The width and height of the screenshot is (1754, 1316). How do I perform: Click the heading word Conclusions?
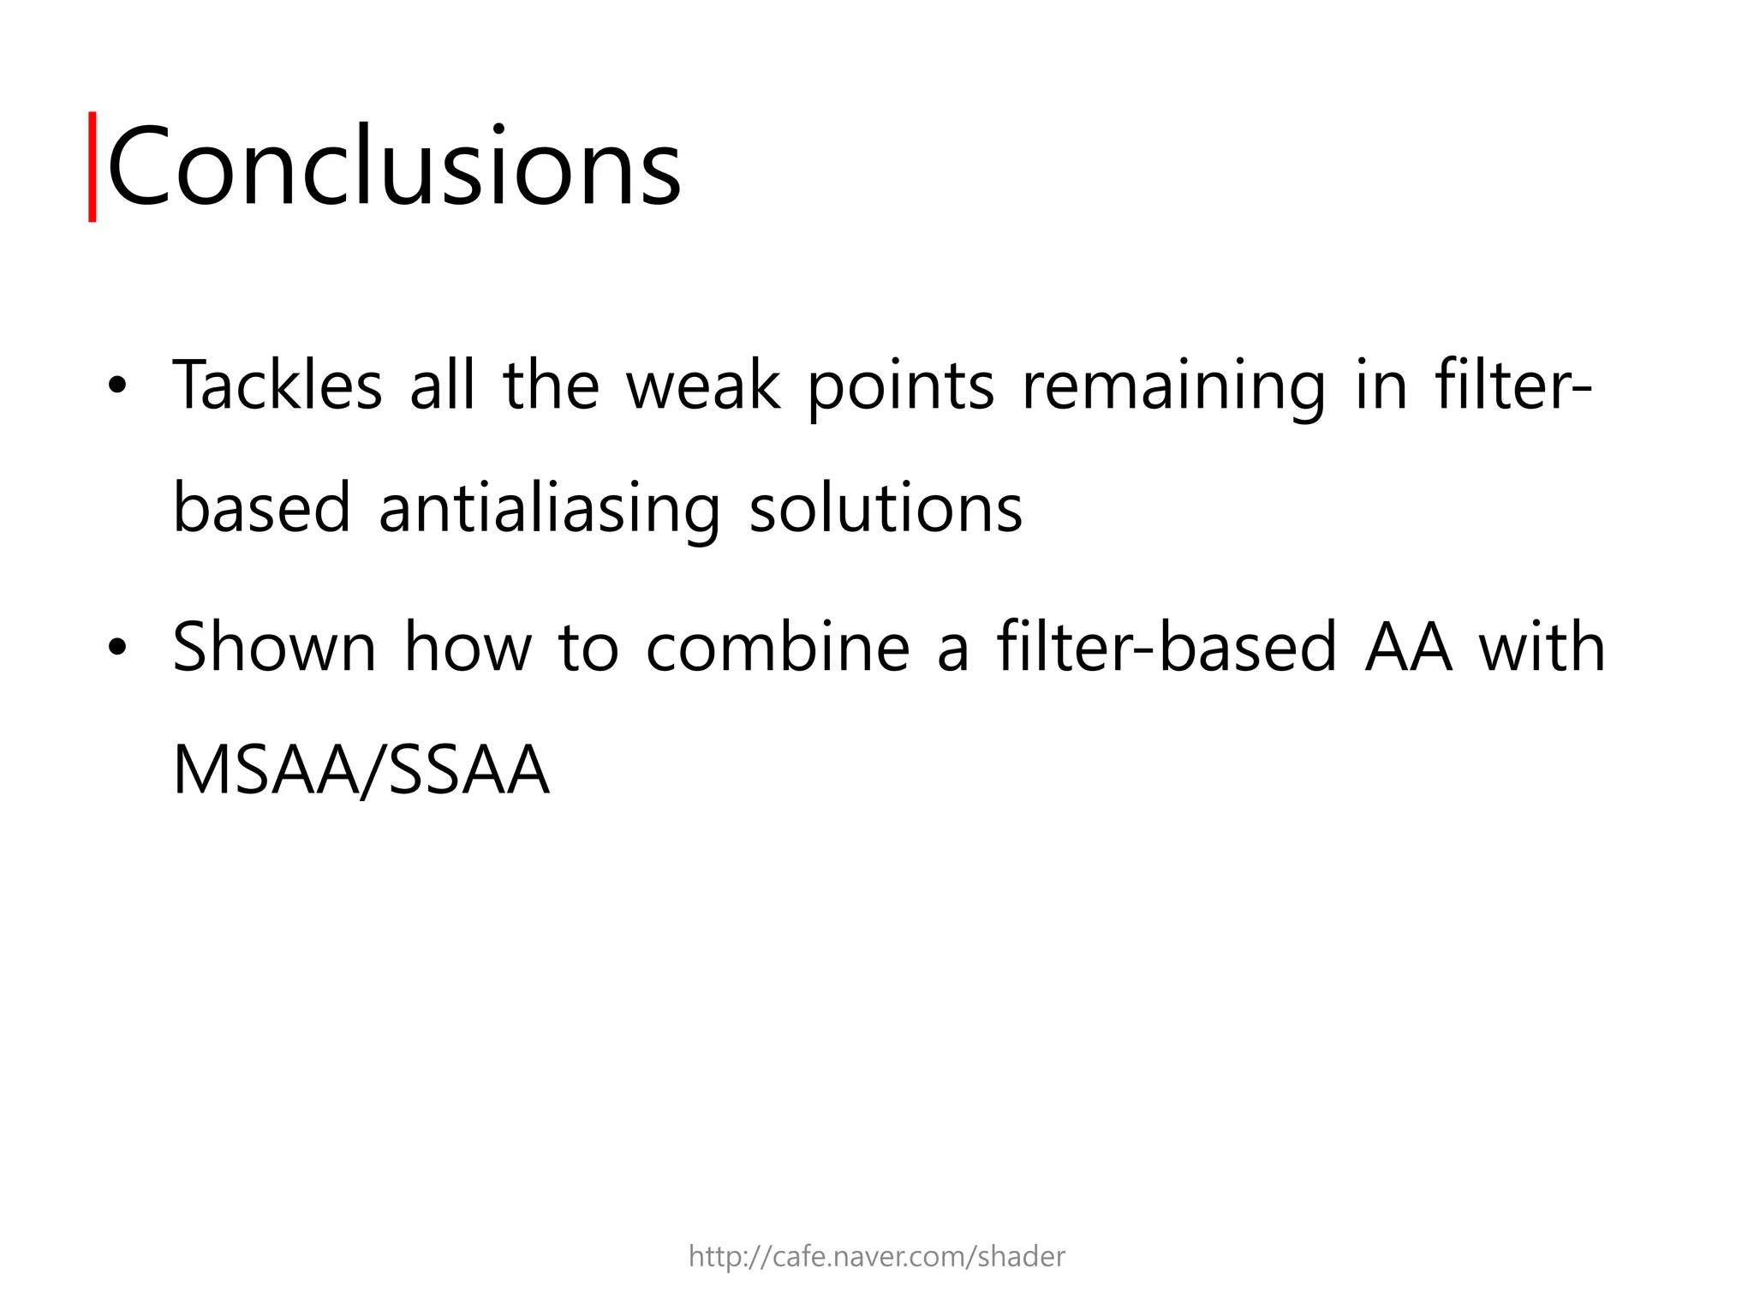[x=394, y=166]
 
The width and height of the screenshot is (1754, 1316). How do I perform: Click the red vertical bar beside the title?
[x=92, y=166]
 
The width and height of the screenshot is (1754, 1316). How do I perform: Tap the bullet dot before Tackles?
[x=117, y=386]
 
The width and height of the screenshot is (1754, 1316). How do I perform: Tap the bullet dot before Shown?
[x=117, y=648]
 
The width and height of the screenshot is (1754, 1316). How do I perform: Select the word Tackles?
[x=277, y=386]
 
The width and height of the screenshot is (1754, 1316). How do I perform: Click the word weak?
[x=702, y=386]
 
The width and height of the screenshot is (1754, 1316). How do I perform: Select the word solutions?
[x=886, y=509]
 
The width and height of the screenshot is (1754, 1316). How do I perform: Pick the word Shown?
[x=274, y=648]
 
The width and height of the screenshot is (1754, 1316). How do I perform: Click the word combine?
[x=778, y=648]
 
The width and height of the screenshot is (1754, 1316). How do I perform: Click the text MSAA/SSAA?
[x=361, y=770]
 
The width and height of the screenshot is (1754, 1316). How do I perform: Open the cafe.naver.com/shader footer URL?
[x=876, y=1257]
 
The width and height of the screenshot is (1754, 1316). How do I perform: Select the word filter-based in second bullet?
[x=1166, y=648]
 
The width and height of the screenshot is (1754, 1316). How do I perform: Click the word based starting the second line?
[x=261, y=509]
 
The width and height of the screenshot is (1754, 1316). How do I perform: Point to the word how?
[x=468, y=648]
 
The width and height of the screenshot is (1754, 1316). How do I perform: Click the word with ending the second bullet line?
[x=1542, y=648]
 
